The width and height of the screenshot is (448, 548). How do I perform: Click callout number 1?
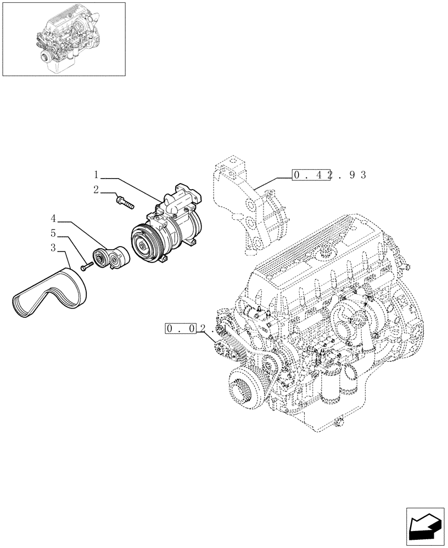coord(96,175)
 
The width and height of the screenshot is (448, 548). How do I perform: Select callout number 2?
coord(96,190)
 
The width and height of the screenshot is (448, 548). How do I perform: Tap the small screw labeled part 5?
coord(86,267)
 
